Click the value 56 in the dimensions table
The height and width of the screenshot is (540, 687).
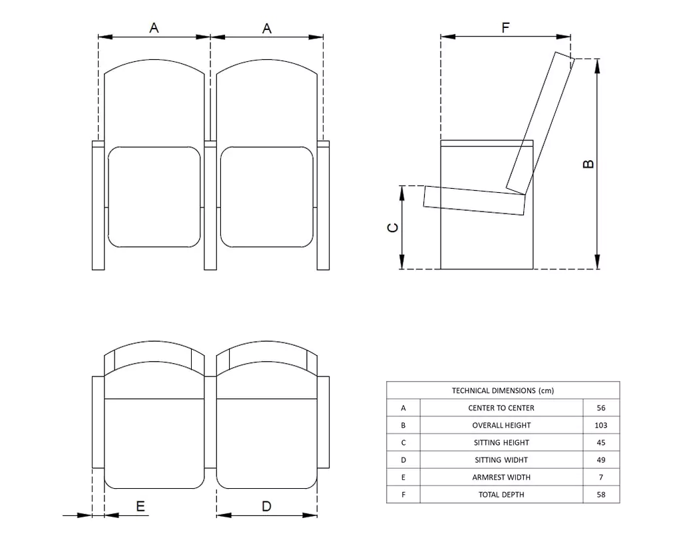pyautogui.click(x=601, y=408)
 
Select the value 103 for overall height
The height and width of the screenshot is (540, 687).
pyautogui.click(x=601, y=425)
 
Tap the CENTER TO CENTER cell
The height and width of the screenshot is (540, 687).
pyautogui.click(x=501, y=408)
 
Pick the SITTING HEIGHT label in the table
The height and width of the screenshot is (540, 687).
pyautogui.click(x=501, y=442)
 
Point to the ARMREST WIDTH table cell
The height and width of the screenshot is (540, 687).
pyautogui.click(x=501, y=477)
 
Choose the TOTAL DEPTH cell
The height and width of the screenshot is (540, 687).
pyautogui.click(x=501, y=494)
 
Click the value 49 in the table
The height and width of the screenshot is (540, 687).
pyautogui.click(x=601, y=460)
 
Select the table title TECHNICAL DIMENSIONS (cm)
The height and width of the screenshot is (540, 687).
pyautogui.click(x=503, y=390)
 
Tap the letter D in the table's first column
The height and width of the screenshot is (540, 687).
pyautogui.click(x=403, y=460)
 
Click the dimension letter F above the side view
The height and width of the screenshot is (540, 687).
pyautogui.click(x=505, y=27)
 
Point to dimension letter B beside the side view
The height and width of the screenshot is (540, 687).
pyautogui.click(x=588, y=163)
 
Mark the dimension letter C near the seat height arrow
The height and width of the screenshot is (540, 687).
pyautogui.click(x=393, y=227)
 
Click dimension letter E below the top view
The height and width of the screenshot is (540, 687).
pyautogui.click(x=140, y=507)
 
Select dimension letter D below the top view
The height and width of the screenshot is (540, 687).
pyautogui.click(x=266, y=506)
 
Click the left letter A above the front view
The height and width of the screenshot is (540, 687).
pyautogui.click(x=154, y=27)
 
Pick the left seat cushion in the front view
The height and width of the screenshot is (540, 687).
pyautogui.click(x=154, y=196)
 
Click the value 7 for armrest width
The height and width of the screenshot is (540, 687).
pyautogui.click(x=601, y=477)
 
